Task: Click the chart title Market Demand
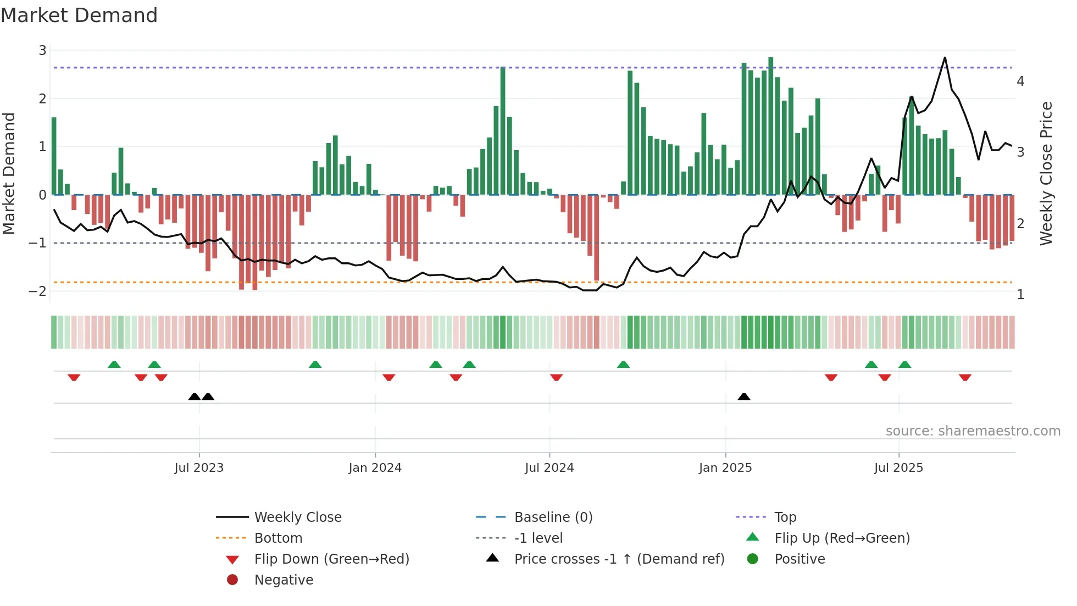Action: [x=79, y=15]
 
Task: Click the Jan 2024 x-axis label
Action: [x=375, y=468]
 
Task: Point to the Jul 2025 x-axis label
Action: [x=898, y=468]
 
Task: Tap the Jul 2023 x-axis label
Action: [x=199, y=468]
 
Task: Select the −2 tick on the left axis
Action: [x=38, y=291]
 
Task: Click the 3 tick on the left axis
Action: [x=42, y=51]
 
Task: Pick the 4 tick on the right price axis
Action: [x=1020, y=81]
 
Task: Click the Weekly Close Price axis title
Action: [x=1046, y=173]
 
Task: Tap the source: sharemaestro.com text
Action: [x=973, y=431]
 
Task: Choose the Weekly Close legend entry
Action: [x=297, y=517]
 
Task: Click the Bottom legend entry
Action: [x=278, y=538]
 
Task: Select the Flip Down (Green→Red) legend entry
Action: [x=331, y=559]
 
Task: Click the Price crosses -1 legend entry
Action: [x=619, y=559]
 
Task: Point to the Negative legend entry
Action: [x=284, y=580]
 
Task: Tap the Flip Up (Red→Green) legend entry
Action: [x=842, y=538]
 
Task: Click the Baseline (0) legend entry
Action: [x=553, y=517]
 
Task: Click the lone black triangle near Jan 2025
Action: [x=744, y=397]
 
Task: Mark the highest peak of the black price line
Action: [x=945, y=58]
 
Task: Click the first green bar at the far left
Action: [x=54, y=156]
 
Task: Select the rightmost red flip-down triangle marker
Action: [x=965, y=377]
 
